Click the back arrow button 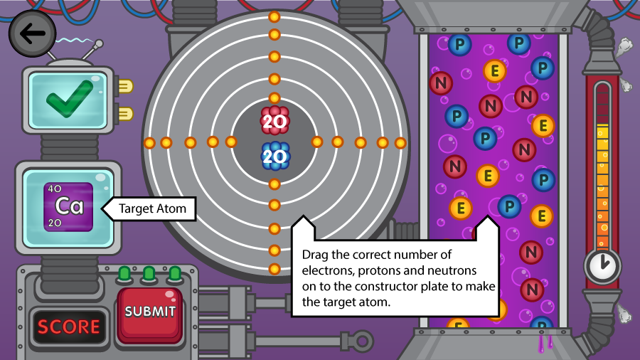(32, 33)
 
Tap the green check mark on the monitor (70, 99)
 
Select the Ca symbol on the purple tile (69, 206)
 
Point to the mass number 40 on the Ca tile (55, 189)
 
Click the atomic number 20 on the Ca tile (55, 223)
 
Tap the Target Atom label (152, 208)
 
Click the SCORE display (68, 327)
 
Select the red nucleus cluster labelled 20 (274, 121)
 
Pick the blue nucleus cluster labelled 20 (274, 157)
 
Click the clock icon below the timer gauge (602, 266)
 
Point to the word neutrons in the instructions (452, 270)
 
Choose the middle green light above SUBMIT (149, 274)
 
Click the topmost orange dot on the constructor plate (274, 17)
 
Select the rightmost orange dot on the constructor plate (400, 143)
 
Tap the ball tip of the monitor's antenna (99, 43)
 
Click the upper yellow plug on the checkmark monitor (125, 86)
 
